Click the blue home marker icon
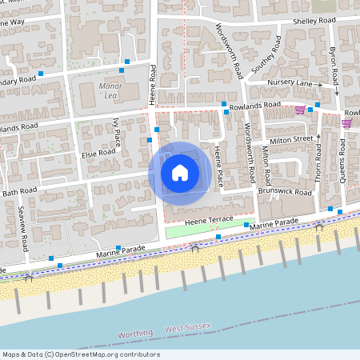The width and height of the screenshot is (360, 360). [179, 172]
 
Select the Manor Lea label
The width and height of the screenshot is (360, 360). [108, 90]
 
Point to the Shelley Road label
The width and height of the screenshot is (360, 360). [296, 22]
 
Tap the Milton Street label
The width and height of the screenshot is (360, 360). [291, 139]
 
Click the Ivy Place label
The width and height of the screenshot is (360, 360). [117, 130]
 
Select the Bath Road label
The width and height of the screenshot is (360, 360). [20, 192]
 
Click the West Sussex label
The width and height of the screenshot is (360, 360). [186, 329]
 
